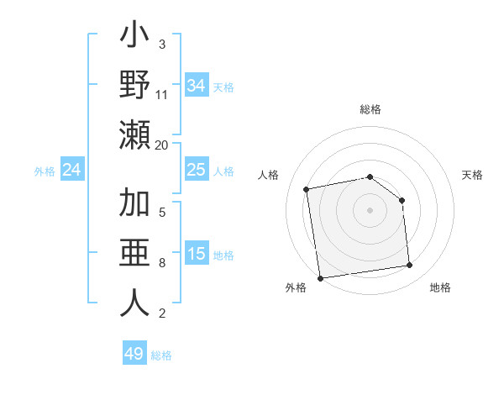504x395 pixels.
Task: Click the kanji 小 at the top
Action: coord(134,39)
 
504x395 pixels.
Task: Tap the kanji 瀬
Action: coord(134,135)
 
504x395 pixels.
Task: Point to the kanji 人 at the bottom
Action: coord(134,302)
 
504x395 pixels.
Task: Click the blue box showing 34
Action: coord(197,86)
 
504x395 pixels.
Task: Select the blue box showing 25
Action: coord(197,170)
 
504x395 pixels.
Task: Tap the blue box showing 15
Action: coord(197,254)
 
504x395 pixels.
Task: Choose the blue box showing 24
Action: coord(72,170)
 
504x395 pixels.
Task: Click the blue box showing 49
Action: coord(134,354)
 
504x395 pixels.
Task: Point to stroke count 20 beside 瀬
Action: coord(162,145)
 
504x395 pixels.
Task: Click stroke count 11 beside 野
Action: coord(162,95)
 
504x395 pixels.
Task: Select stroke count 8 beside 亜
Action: coord(162,263)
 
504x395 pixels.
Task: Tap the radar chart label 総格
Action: coord(370,109)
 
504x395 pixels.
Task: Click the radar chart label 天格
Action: coord(473,175)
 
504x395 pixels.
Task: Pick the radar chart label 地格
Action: coord(440,287)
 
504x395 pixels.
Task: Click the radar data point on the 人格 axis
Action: coord(307,188)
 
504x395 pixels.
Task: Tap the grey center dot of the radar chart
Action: coord(370,209)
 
